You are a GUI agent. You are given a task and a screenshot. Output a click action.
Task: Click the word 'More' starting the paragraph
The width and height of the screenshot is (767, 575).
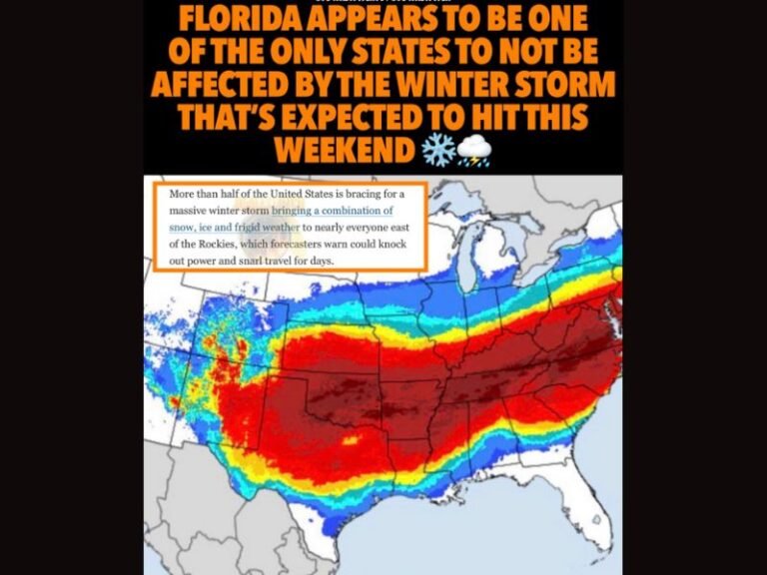pyautogui.click(x=185, y=194)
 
